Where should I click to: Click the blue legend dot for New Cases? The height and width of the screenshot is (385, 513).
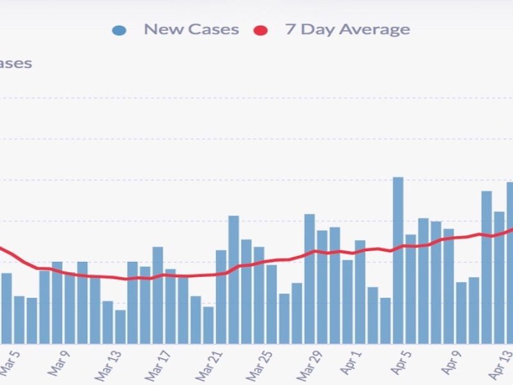click(119, 30)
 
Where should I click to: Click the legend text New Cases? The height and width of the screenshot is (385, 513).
click(191, 30)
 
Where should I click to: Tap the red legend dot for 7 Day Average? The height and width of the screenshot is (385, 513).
click(260, 30)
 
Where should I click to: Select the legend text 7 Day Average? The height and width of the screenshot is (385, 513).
click(348, 30)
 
